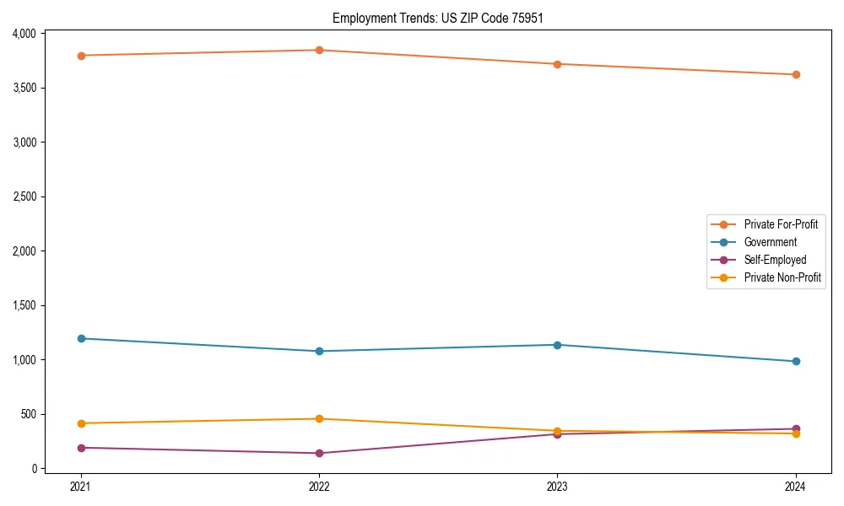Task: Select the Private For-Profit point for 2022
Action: pyautogui.click(x=319, y=50)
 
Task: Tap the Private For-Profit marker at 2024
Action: pyautogui.click(x=796, y=74)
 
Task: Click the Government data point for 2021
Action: pyautogui.click(x=81, y=338)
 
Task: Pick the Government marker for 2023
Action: pyautogui.click(x=557, y=345)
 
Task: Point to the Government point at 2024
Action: pyautogui.click(x=796, y=361)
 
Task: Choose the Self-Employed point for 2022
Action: pyautogui.click(x=319, y=453)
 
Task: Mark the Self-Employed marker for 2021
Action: pyautogui.click(x=81, y=448)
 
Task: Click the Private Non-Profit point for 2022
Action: pyautogui.click(x=319, y=418)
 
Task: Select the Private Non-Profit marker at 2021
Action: pyautogui.click(x=81, y=423)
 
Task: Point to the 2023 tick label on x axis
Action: pyautogui.click(x=557, y=487)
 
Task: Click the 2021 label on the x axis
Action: pyautogui.click(x=81, y=487)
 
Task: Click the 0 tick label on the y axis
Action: pyautogui.click(x=35, y=469)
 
